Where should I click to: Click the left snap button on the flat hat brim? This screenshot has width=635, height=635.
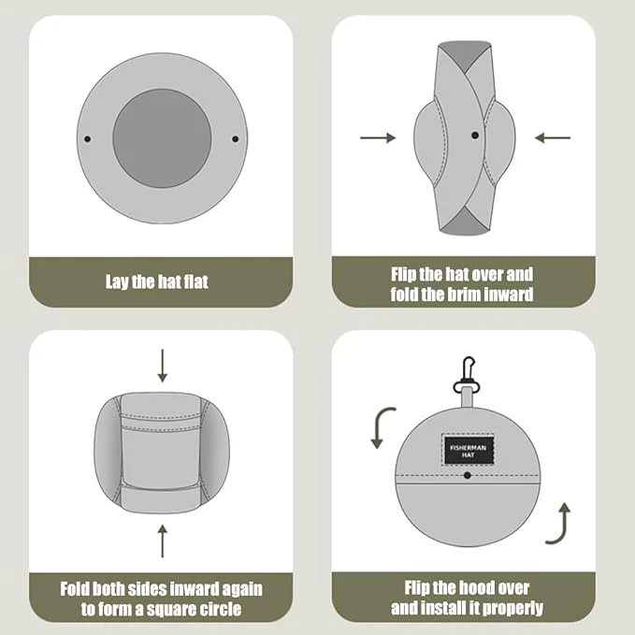tap(88, 139)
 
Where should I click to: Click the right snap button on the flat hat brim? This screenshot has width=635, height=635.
tap(236, 139)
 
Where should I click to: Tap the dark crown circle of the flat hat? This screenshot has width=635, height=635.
tap(162, 138)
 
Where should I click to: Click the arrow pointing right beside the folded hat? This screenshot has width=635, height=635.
tap(378, 137)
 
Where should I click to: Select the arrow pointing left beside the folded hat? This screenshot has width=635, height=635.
tap(553, 137)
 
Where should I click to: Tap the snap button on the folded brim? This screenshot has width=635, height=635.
tap(475, 136)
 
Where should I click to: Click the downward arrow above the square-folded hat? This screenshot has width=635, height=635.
tap(163, 366)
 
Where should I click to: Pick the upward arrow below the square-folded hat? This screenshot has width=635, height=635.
tap(163, 541)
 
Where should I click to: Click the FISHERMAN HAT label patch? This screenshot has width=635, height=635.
tap(469, 451)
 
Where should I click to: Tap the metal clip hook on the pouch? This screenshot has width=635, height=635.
tap(467, 375)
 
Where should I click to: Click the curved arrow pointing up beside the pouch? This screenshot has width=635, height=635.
tap(560, 523)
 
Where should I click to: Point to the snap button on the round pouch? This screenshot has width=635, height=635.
tap(468, 475)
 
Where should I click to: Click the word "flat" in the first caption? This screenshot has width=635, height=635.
tap(196, 281)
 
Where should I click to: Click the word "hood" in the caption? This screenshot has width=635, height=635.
tap(477, 588)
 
